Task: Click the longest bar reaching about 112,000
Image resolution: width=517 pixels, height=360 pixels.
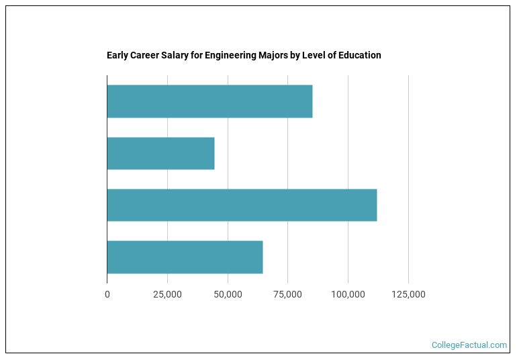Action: (x=242, y=206)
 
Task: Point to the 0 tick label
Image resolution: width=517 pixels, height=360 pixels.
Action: (x=107, y=295)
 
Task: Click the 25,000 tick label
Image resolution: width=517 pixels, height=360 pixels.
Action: (x=167, y=295)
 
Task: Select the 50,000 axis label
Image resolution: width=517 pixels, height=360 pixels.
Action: (x=228, y=295)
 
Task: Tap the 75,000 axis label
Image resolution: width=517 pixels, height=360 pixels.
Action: (x=287, y=295)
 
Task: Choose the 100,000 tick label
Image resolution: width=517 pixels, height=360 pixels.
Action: (x=348, y=295)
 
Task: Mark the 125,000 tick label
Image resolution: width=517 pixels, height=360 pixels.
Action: (x=408, y=295)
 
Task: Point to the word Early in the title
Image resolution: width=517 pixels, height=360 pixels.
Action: (x=117, y=55)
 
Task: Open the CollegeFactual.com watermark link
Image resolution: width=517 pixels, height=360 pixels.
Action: (x=469, y=345)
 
